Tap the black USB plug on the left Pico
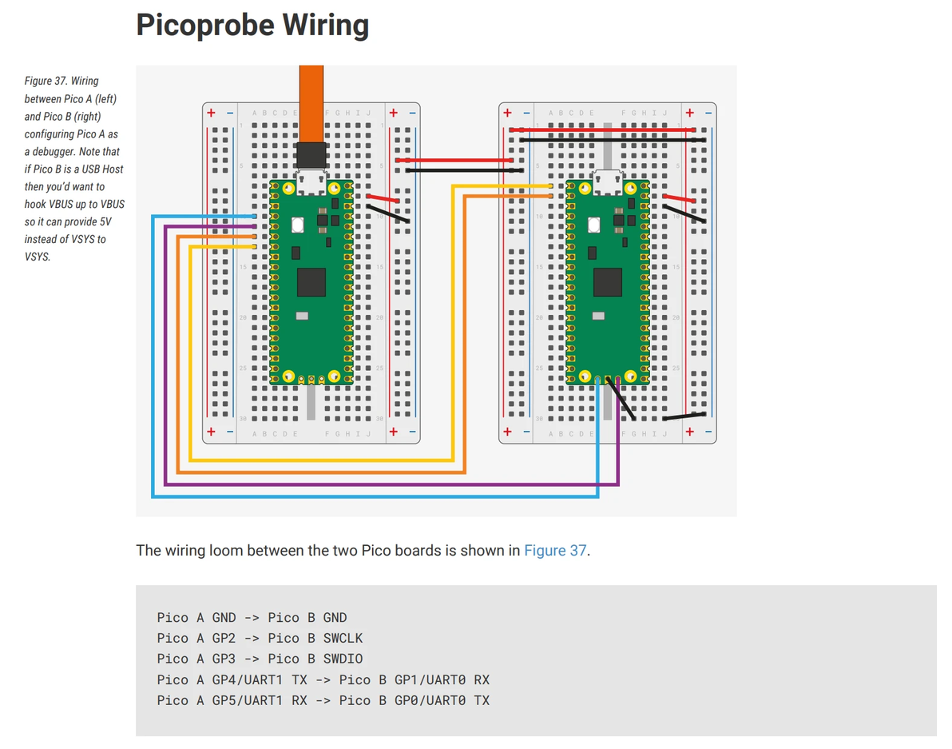pyautogui.click(x=311, y=155)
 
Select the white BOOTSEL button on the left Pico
pyautogui.click(x=299, y=225)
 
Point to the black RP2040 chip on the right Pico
pyautogui.click(x=607, y=281)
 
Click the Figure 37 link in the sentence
pyautogui.click(x=555, y=551)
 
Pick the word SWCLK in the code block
pyautogui.click(x=343, y=638)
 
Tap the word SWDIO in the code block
pyautogui.click(x=343, y=659)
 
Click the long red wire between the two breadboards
pyautogui.click(x=459, y=161)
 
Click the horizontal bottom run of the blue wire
pyautogui.click(x=375, y=496)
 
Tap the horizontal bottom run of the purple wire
pyautogui.click(x=391, y=484)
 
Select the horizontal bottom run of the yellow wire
pyautogui.click(x=319, y=460)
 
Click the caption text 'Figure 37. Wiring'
pyautogui.click(x=61, y=81)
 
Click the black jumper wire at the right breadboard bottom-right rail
pyautogui.click(x=684, y=416)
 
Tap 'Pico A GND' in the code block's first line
pyautogui.click(x=196, y=617)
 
